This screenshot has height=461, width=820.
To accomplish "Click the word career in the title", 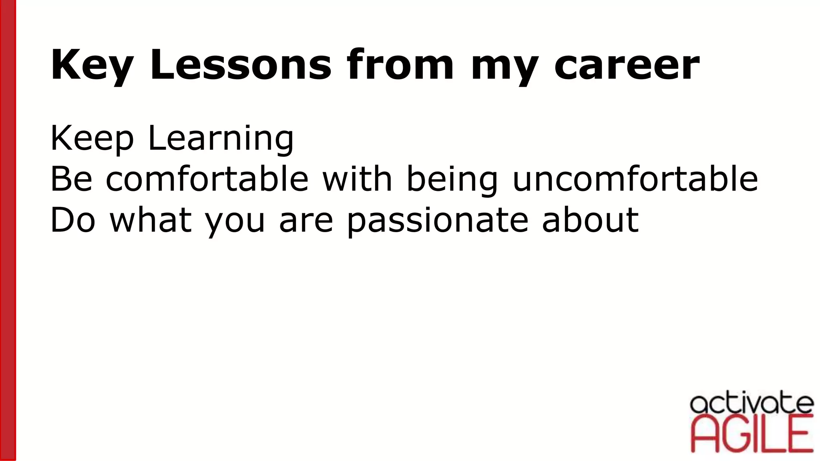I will pyautogui.click(x=627, y=65).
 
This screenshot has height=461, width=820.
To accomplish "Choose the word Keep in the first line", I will pyautogui.click(x=92, y=138).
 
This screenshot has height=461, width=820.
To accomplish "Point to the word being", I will pyautogui.click(x=452, y=179).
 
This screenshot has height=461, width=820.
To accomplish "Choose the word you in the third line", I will pyautogui.click(x=235, y=221).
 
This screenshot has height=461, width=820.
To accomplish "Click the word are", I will pyautogui.click(x=306, y=221).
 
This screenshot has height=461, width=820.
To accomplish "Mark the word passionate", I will pyautogui.click(x=437, y=220).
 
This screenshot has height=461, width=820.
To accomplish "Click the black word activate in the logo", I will pyautogui.click(x=752, y=404).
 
